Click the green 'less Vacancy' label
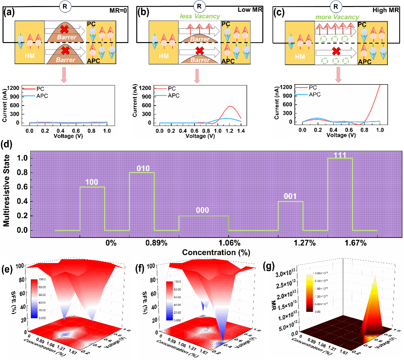(x=200, y=16)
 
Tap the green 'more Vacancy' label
(x=337, y=17)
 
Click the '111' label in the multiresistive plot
(x=340, y=155)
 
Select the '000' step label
(x=202, y=210)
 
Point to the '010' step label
(x=143, y=168)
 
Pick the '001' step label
(x=290, y=196)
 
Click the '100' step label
(x=92, y=182)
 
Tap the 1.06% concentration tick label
(x=229, y=243)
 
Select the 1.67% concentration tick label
(x=355, y=243)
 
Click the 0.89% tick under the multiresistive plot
(x=156, y=243)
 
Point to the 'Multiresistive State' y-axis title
(x=7, y=191)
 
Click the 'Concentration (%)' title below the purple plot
(x=216, y=253)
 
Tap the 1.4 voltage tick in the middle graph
(x=241, y=131)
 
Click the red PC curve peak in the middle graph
(x=230, y=107)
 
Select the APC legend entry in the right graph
(x=314, y=95)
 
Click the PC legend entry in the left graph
(x=40, y=89)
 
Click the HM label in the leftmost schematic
(x=30, y=56)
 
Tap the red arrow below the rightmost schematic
(x=338, y=76)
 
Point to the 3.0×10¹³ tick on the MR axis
(x=285, y=274)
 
